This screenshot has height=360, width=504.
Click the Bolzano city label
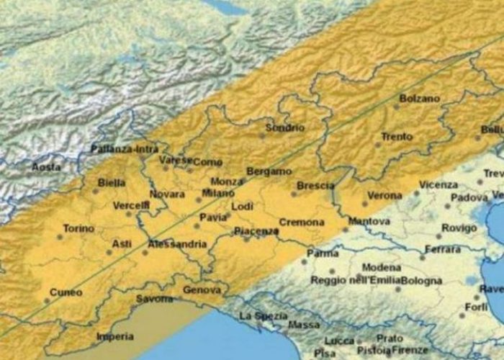[x=418, y=98]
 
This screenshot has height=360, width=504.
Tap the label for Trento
[x=397, y=137]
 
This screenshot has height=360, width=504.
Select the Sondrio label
[x=284, y=127]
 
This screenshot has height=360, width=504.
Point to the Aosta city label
[x=46, y=167]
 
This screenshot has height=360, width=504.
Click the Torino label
[x=78, y=229]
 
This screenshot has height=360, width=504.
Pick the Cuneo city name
[x=66, y=293]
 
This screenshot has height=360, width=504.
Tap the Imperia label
[x=115, y=336]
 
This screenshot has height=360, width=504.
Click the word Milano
[x=218, y=194]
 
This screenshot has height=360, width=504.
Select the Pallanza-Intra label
[x=124, y=150]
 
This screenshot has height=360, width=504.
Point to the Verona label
[x=384, y=196]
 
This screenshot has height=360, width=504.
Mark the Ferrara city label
[x=443, y=250]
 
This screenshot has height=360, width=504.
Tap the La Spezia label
[x=262, y=316]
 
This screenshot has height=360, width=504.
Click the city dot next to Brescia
[x=293, y=193]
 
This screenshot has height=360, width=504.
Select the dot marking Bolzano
[x=395, y=107]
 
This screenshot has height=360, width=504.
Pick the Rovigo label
[x=459, y=228]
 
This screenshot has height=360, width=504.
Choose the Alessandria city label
[x=176, y=245]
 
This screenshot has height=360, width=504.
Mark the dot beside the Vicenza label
[x=415, y=193]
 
